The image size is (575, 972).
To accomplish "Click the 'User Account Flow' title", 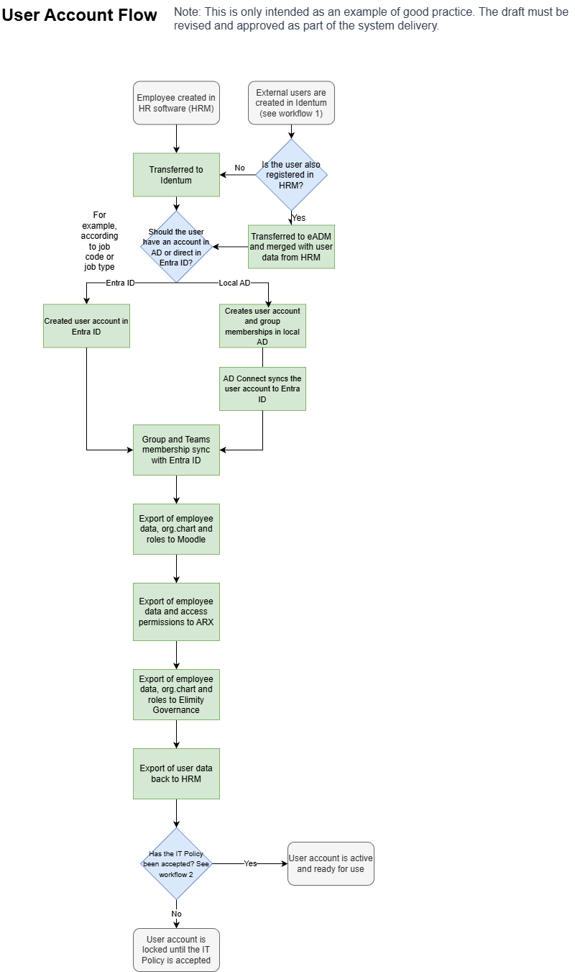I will pos(79,15).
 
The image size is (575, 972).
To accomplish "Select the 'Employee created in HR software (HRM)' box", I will pos(176,103).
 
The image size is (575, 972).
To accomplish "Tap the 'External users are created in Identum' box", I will pos(291,103).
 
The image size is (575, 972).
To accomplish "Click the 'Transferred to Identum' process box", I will pos(176,175).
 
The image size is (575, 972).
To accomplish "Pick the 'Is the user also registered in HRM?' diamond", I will pos(291,175).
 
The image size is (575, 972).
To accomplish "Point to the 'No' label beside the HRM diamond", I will pos(239,168).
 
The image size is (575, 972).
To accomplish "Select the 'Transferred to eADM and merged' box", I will pos(291,247).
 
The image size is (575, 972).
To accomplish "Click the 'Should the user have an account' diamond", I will pos(176,247).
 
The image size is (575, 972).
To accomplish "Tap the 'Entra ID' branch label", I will pos(120,283).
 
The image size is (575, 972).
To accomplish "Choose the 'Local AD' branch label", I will pos(234,283).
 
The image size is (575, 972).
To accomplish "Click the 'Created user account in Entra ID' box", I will pos(86,326).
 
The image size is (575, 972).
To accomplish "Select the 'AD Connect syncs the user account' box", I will pos(262,389).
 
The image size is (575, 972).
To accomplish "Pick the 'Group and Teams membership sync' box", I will pos(176,450).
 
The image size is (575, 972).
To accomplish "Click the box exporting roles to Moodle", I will pos(176,529).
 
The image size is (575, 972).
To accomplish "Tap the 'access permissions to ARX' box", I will pos(176,612).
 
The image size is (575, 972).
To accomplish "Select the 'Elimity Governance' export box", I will pos(176,694).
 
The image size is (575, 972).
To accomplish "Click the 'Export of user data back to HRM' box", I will pos(176,773).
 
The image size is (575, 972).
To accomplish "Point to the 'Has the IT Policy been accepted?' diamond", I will pos(176,863).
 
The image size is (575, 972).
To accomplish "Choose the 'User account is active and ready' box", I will pos(331,863).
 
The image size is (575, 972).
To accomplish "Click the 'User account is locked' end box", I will pos(176,950).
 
